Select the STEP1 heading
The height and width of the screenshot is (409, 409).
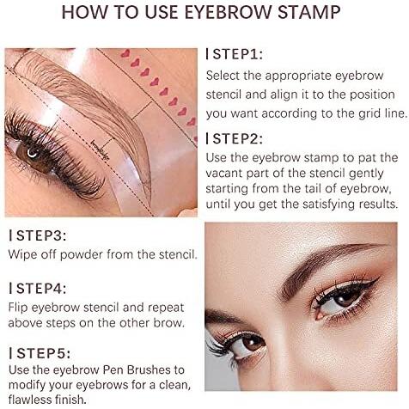pyautogui.click(x=234, y=54)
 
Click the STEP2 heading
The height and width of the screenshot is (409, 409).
pyautogui.click(x=234, y=138)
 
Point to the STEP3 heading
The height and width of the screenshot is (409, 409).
pyautogui.click(x=38, y=235)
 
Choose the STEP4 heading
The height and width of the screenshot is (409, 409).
pyautogui.click(x=38, y=288)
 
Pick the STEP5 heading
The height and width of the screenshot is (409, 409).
pyautogui.click(x=40, y=353)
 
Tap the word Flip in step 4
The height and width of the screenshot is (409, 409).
pyautogui.click(x=18, y=308)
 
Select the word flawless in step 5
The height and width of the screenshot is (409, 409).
pyautogui.click(x=28, y=399)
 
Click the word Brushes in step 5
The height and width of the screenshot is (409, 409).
pyautogui.click(x=149, y=369)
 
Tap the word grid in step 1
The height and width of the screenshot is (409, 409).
pyautogui.click(x=368, y=113)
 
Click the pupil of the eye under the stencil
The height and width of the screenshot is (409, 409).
pyautogui.click(x=34, y=154)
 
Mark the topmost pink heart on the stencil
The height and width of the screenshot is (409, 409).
pyautogui.click(x=125, y=53)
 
